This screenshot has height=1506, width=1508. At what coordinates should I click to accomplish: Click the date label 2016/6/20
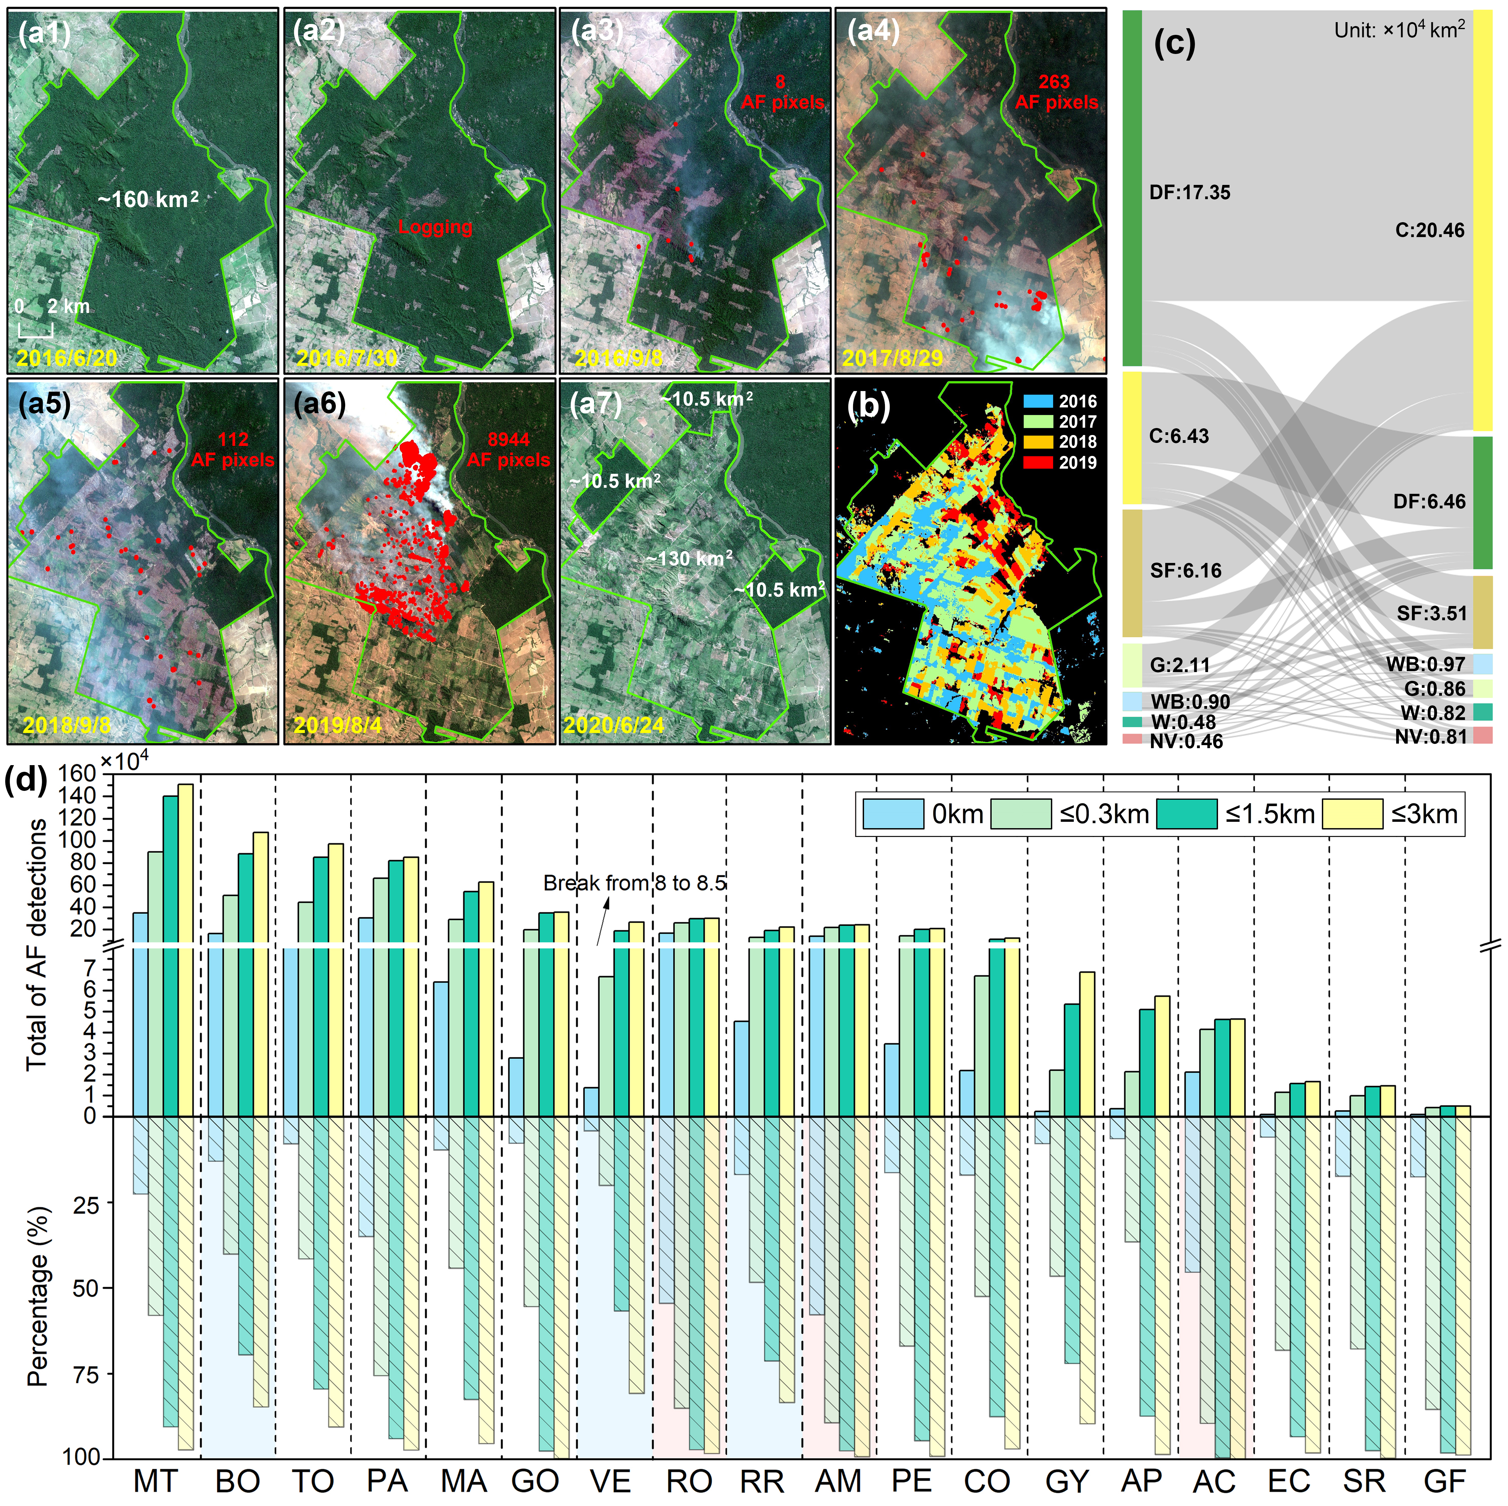point(67,358)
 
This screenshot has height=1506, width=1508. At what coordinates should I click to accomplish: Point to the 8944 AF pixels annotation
point(508,450)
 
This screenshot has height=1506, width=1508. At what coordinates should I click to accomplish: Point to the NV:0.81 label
point(1431,736)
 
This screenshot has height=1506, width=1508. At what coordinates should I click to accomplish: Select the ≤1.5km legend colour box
point(1186,814)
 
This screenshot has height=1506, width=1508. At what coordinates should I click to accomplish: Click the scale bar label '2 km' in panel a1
point(68,306)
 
